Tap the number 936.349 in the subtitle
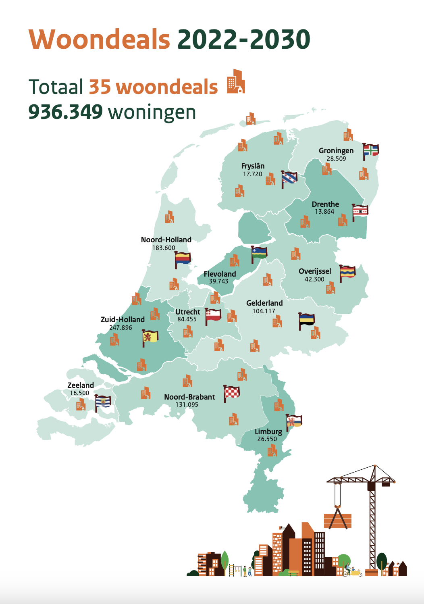[x=65, y=112]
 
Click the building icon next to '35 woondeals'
[x=236, y=81]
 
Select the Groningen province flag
[x=371, y=150]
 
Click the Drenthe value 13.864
[x=324, y=212]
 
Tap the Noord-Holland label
[x=166, y=240]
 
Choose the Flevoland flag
[x=259, y=253]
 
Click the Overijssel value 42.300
[x=314, y=279]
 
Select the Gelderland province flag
[x=307, y=321]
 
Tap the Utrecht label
[x=187, y=312]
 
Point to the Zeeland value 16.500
[x=79, y=393]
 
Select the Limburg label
[x=268, y=431]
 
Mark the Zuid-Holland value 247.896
[x=121, y=327]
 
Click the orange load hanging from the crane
[x=338, y=521]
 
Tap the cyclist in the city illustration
[x=347, y=570]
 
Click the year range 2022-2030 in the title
[x=243, y=40]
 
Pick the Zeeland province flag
[x=103, y=402]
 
